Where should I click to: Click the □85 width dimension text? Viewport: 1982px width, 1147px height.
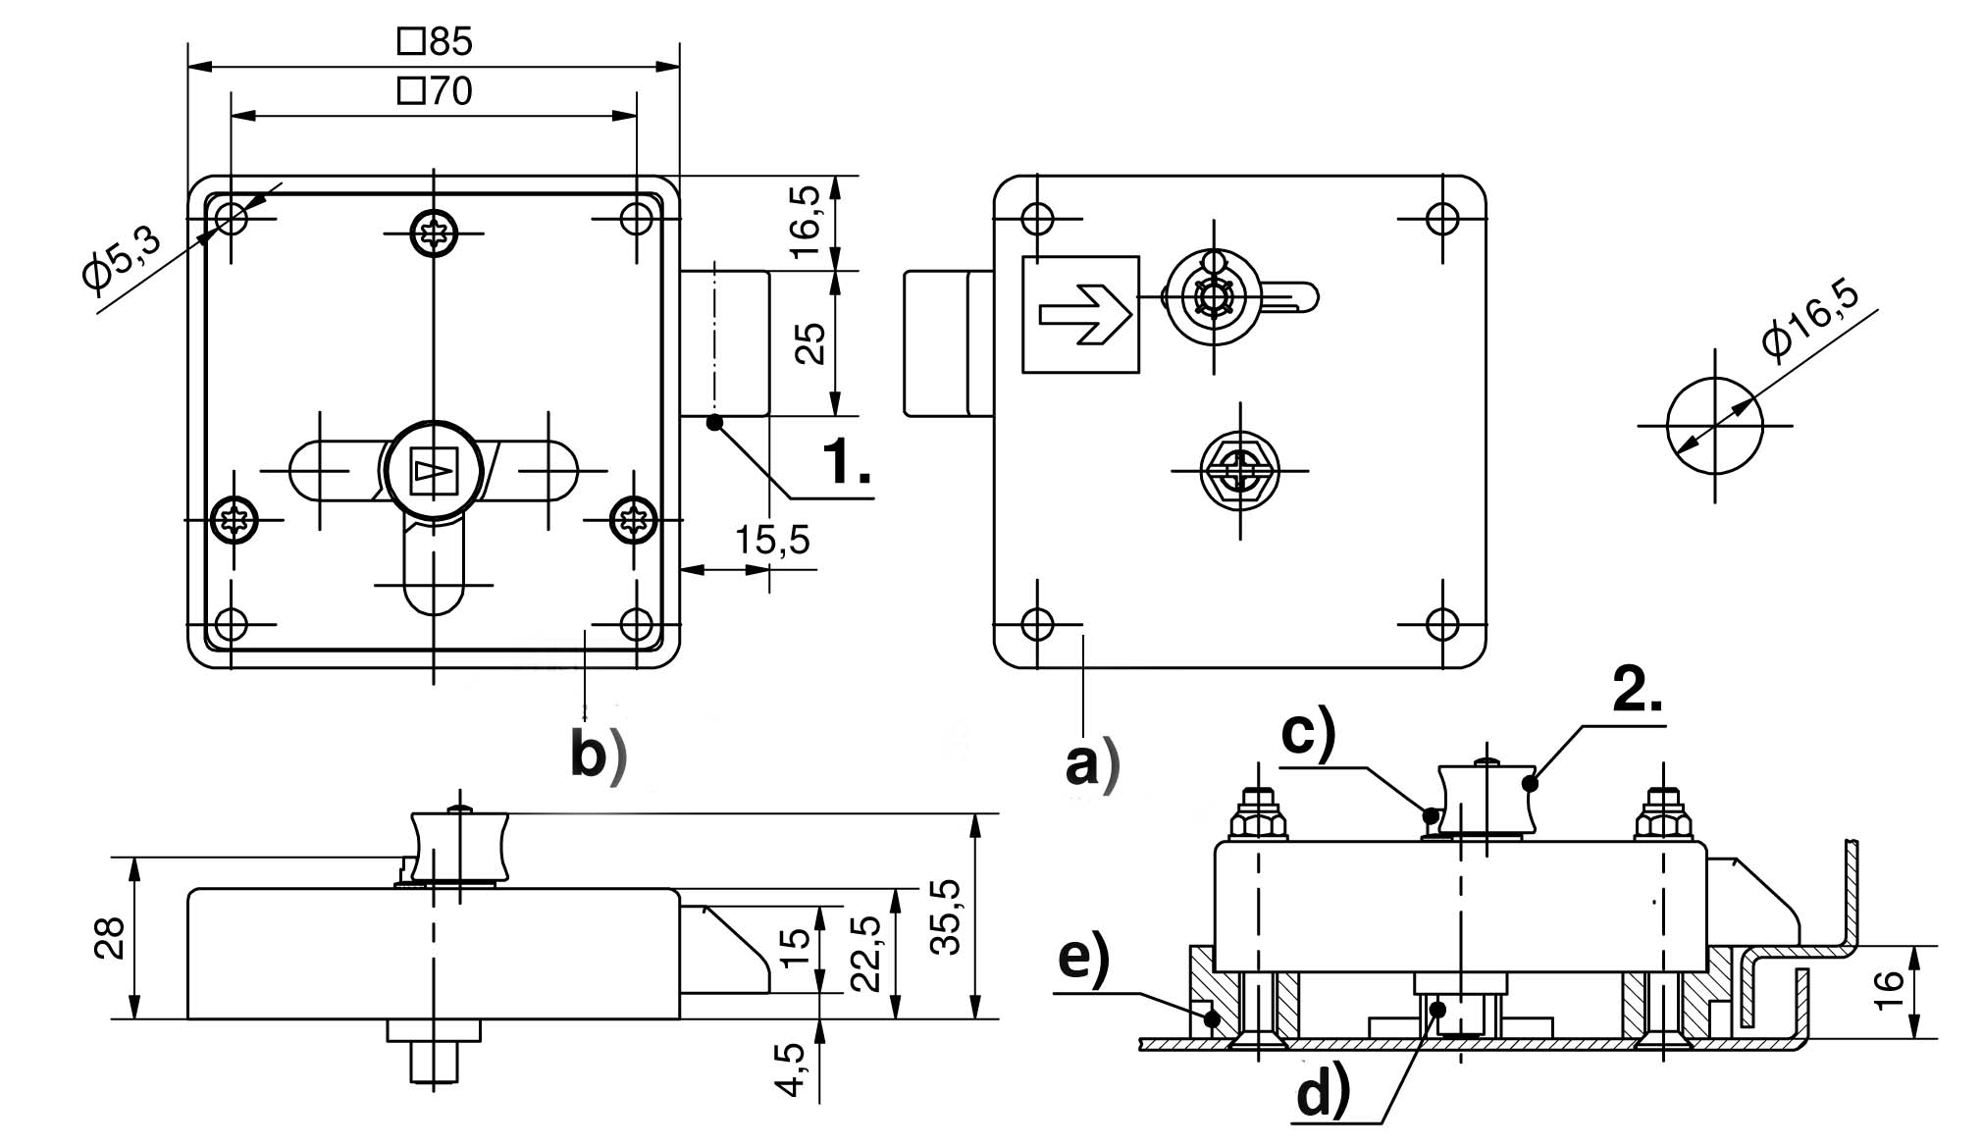point(436,41)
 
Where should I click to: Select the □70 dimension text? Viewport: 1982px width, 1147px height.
point(436,91)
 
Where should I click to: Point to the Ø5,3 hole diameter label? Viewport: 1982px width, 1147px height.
point(122,254)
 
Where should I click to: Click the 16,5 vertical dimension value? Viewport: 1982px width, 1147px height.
point(807,223)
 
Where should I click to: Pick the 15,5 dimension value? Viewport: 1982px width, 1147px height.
point(773,540)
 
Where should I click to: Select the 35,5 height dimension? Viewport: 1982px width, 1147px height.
point(946,916)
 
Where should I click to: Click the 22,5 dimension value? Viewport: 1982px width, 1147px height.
point(865,954)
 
